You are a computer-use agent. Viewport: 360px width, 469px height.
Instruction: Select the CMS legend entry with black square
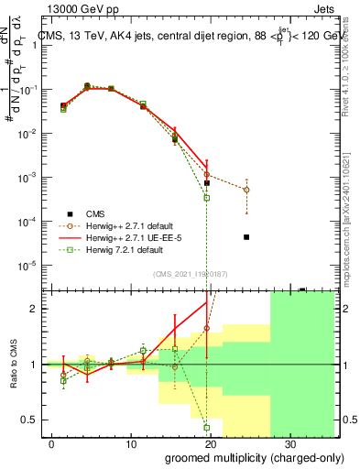[x=86, y=209]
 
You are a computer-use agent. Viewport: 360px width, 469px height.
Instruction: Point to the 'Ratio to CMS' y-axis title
[x=13, y=364]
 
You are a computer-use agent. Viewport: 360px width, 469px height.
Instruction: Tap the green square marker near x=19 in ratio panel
[x=207, y=427]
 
